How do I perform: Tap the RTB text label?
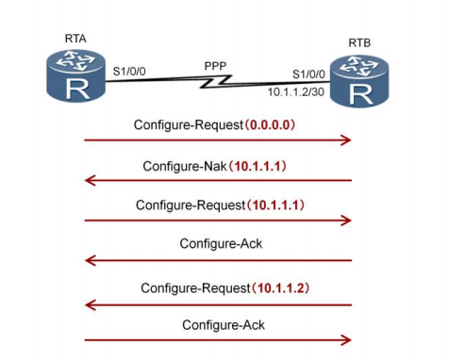coord(360,42)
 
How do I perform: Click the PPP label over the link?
coord(217,66)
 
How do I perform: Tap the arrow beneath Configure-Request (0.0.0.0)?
coord(217,140)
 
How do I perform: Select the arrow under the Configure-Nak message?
coord(217,180)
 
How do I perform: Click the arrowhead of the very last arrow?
coord(346,340)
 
